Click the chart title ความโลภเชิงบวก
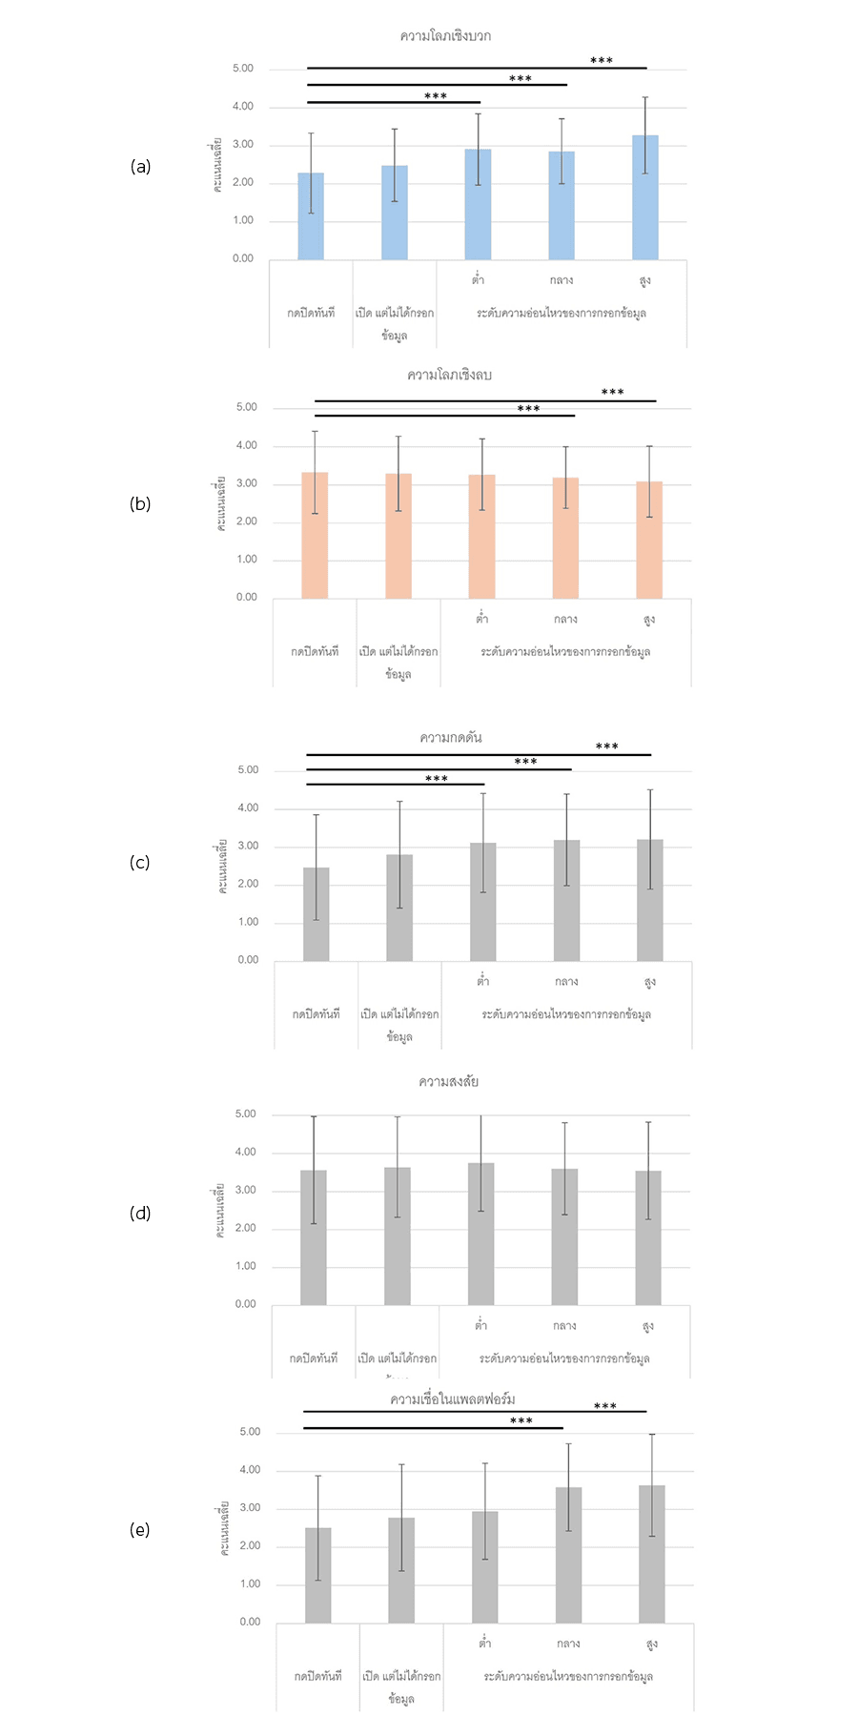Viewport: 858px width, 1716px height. pos(445,36)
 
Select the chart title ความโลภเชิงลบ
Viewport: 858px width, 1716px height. pos(449,375)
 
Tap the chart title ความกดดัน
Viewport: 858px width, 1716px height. pos(451,738)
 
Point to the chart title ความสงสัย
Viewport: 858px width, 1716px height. pos(448,1082)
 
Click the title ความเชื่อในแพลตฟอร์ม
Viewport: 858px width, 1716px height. pos(453,1399)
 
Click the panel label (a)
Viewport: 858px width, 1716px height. pos(140,167)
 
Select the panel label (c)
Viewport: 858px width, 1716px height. pos(140,863)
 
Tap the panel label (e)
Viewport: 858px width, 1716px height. pos(140,1530)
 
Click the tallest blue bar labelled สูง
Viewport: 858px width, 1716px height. pos(644,198)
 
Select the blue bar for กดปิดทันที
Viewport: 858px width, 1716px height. pos(311,216)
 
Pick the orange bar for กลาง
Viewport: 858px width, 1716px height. pos(565,539)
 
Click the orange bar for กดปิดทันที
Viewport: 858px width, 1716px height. pos(315,536)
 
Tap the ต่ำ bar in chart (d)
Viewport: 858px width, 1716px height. pos(480,1235)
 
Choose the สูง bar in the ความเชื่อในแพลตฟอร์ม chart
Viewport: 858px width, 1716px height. pos(652,1555)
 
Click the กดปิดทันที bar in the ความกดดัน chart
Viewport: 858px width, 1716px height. pos(316,914)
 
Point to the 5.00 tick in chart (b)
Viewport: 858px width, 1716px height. pos(247,407)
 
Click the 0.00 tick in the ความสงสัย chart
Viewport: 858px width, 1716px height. pos(246,1304)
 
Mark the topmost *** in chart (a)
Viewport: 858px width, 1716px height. pos(602,61)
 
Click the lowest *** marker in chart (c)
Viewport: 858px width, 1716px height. pos(437,779)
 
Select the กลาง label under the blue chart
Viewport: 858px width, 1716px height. pos(562,280)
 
